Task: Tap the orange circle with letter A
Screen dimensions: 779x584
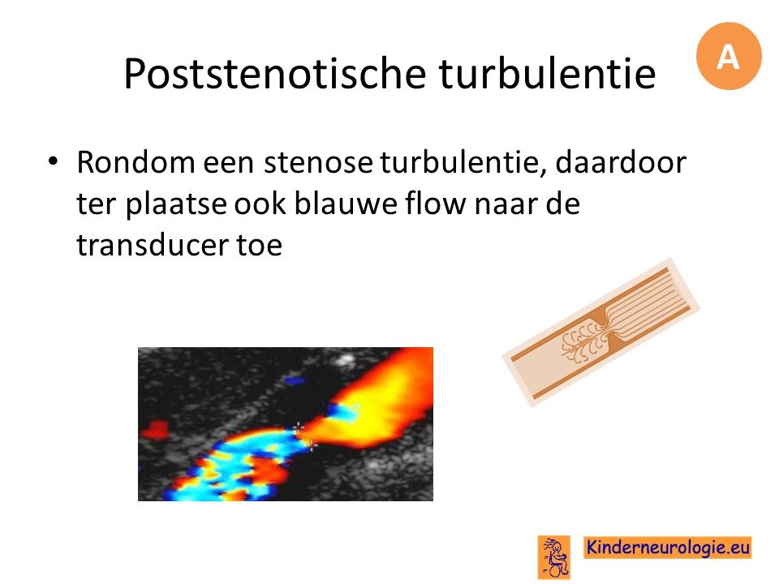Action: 729,56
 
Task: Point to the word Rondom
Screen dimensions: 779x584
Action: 136,162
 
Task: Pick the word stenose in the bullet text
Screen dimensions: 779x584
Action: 317,162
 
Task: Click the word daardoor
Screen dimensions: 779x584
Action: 621,162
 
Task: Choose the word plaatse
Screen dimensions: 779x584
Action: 176,204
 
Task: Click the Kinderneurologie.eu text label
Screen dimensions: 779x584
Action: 668,547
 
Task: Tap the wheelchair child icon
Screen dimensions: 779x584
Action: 554,556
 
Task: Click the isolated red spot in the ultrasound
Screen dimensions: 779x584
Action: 155,430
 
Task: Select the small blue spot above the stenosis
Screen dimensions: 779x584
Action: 294,380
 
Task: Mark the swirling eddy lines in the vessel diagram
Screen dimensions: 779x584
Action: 579,341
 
